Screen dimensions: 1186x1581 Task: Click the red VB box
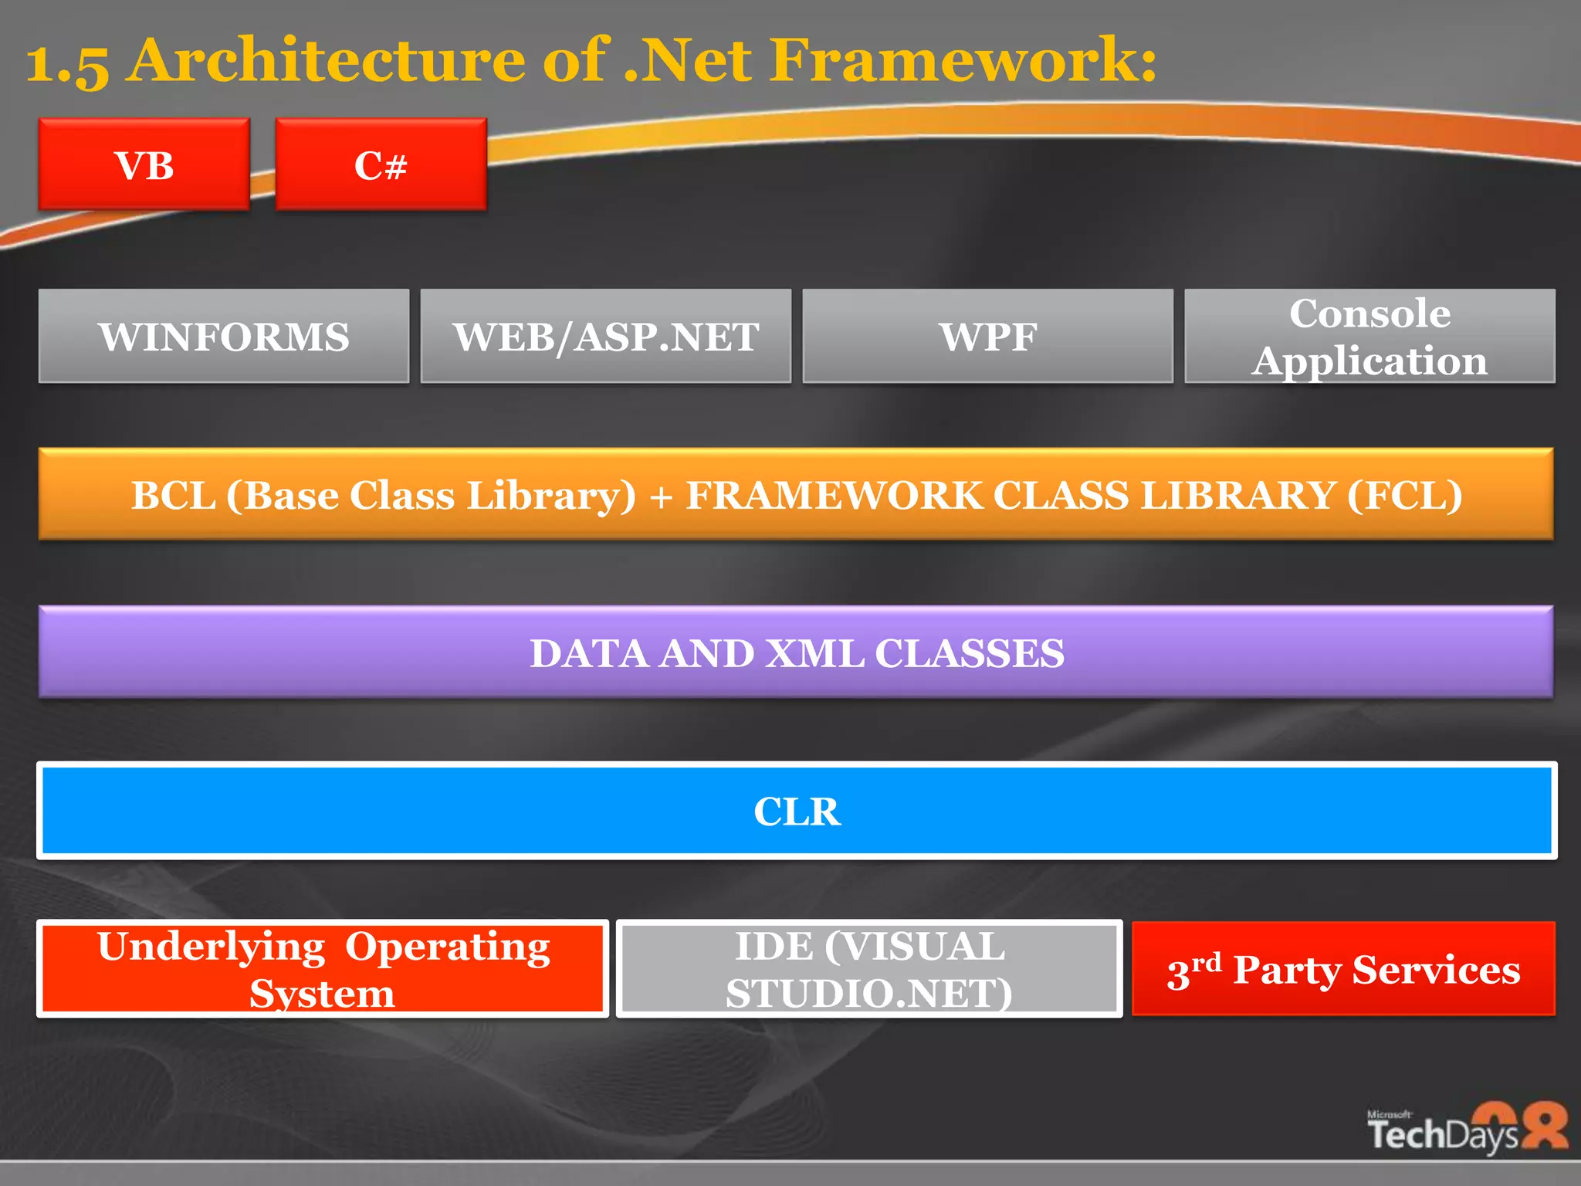(x=144, y=164)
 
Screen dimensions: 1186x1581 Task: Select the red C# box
(x=381, y=164)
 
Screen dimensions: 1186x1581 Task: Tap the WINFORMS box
(x=224, y=337)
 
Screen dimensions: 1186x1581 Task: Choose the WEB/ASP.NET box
(x=606, y=337)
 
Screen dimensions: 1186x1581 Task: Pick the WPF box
(x=987, y=337)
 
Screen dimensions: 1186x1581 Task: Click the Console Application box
(x=1369, y=337)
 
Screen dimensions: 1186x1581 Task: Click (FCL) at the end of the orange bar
(x=1404, y=496)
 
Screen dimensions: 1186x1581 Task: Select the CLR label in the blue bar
(x=797, y=812)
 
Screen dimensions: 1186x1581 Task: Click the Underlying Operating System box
(x=323, y=969)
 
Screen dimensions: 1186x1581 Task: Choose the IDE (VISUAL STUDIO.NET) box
(x=869, y=969)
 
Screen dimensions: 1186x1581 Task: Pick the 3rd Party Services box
(x=1343, y=969)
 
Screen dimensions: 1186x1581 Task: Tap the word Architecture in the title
(x=328, y=60)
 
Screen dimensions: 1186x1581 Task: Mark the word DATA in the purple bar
(x=589, y=654)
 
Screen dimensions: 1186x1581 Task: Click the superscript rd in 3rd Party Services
(x=1207, y=962)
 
